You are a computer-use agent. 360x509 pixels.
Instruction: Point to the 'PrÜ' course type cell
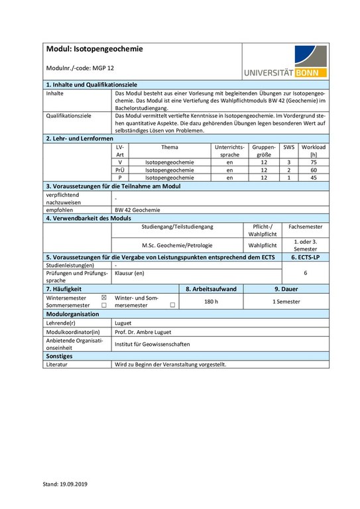tap(120, 170)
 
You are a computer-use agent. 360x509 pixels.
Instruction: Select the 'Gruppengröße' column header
tap(263, 150)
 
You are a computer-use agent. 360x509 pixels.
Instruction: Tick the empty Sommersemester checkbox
tap(103, 306)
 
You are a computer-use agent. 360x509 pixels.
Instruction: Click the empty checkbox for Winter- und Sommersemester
tap(172, 306)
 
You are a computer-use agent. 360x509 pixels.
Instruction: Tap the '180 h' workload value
tap(211, 302)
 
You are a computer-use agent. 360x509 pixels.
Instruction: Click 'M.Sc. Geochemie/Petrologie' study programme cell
tap(177, 244)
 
